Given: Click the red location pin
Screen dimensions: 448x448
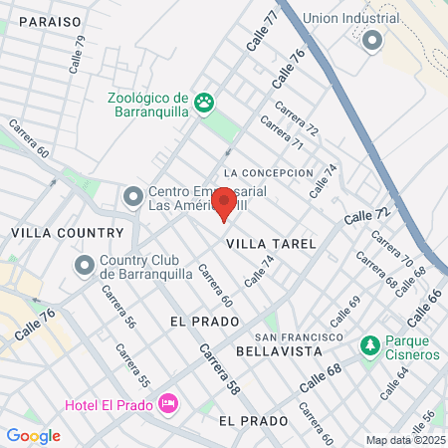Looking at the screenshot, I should (x=224, y=203).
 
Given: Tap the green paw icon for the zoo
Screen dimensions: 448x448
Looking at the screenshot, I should (x=204, y=102).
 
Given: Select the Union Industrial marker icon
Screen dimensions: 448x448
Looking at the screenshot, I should (x=372, y=40).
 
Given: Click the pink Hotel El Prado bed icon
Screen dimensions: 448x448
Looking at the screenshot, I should (x=166, y=403).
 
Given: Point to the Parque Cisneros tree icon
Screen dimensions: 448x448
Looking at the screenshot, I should (x=369, y=344).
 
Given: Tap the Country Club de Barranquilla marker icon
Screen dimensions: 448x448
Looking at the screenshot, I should (x=84, y=267).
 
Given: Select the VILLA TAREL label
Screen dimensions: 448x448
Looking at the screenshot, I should (x=271, y=244).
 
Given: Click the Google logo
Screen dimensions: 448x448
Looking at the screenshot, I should (x=33, y=435).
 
